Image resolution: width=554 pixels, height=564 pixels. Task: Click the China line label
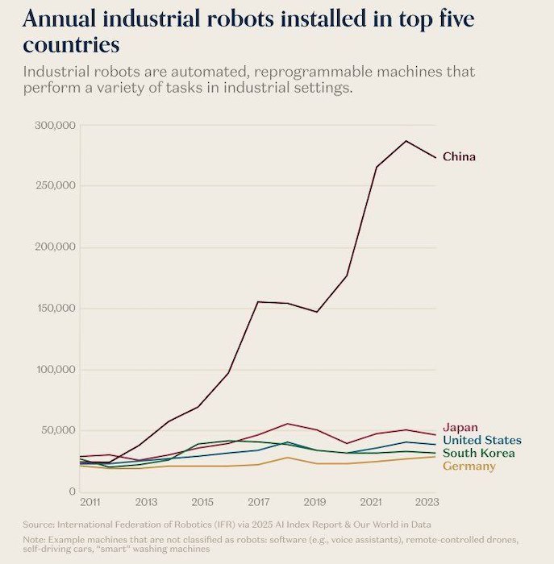point(459,156)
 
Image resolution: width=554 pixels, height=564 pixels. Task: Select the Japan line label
point(460,428)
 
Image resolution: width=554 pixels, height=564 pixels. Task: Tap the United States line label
point(481,441)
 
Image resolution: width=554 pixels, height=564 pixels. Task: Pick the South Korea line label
point(478,454)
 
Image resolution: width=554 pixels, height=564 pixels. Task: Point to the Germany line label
point(469,467)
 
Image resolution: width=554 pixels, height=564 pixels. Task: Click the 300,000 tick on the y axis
point(56,126)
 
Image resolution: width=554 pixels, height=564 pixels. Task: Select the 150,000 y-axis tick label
point(56,309)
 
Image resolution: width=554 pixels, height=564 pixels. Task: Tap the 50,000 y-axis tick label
point(59,430)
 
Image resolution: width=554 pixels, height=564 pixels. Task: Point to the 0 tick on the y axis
point(72,491)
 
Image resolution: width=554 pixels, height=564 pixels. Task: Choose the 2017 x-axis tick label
point(259,503)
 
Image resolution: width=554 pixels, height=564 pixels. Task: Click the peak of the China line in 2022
point(406,141)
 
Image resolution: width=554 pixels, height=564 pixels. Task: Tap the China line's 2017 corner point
point(258,302)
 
